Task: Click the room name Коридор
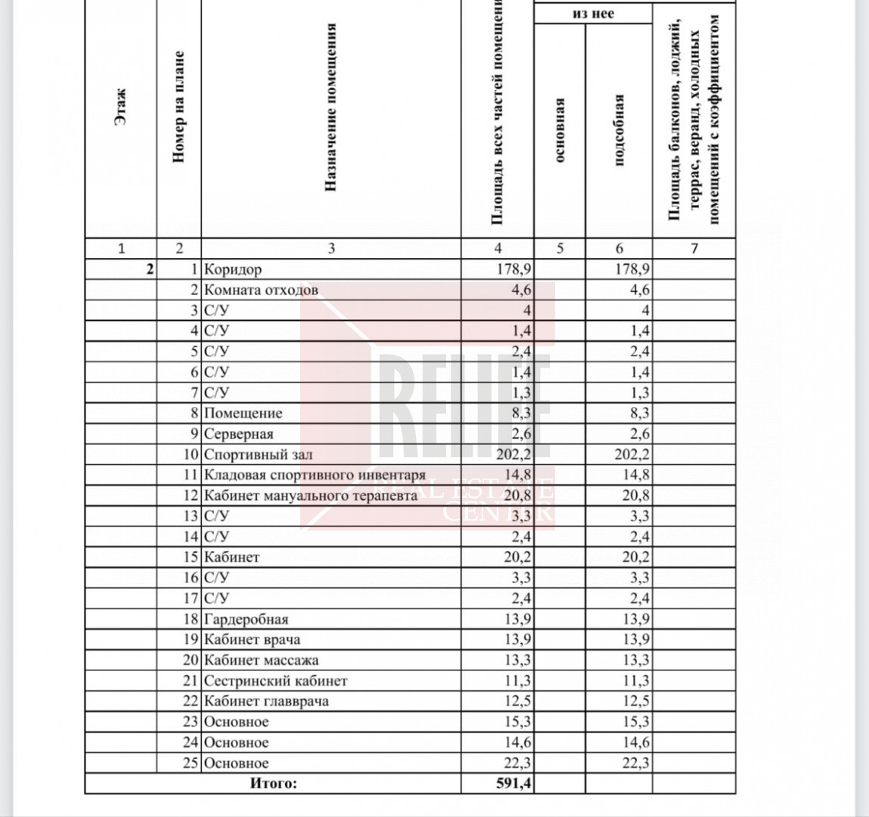(233, 269)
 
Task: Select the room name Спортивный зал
(258, 455)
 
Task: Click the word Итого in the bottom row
(273, 784)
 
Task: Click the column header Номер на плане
(178, 107)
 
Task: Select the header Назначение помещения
(331, 107)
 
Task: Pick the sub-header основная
(560, 130)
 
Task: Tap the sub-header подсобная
(619, 130)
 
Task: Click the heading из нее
(593, 14)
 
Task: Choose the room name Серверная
(238, 434)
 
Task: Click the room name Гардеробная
(246, 620)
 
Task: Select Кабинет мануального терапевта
(310, 496)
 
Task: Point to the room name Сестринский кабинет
(275, 681)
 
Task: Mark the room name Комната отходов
(261, 290)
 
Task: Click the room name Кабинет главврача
(266, 701)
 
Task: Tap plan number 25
(190, 763)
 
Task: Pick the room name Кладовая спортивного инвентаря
(315, 475)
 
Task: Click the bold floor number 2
(149, 269)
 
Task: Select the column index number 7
(694, 248)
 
